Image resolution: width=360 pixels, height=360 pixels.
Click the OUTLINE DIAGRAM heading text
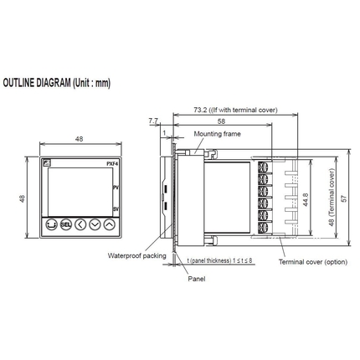(x=57, y=84)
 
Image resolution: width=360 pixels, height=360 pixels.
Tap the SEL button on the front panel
(x=65, y=224)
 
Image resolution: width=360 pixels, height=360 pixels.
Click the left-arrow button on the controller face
(x=80, y=224)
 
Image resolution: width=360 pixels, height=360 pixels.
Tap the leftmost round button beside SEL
(x=51, y=224)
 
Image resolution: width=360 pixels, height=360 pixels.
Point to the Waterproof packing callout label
(x=133, y=255)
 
